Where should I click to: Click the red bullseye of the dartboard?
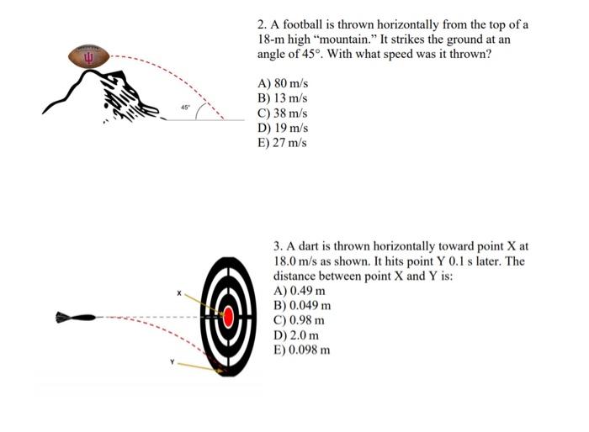click(226, 317)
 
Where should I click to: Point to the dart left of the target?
click(75, 318)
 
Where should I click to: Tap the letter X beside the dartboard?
click(179, 292)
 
